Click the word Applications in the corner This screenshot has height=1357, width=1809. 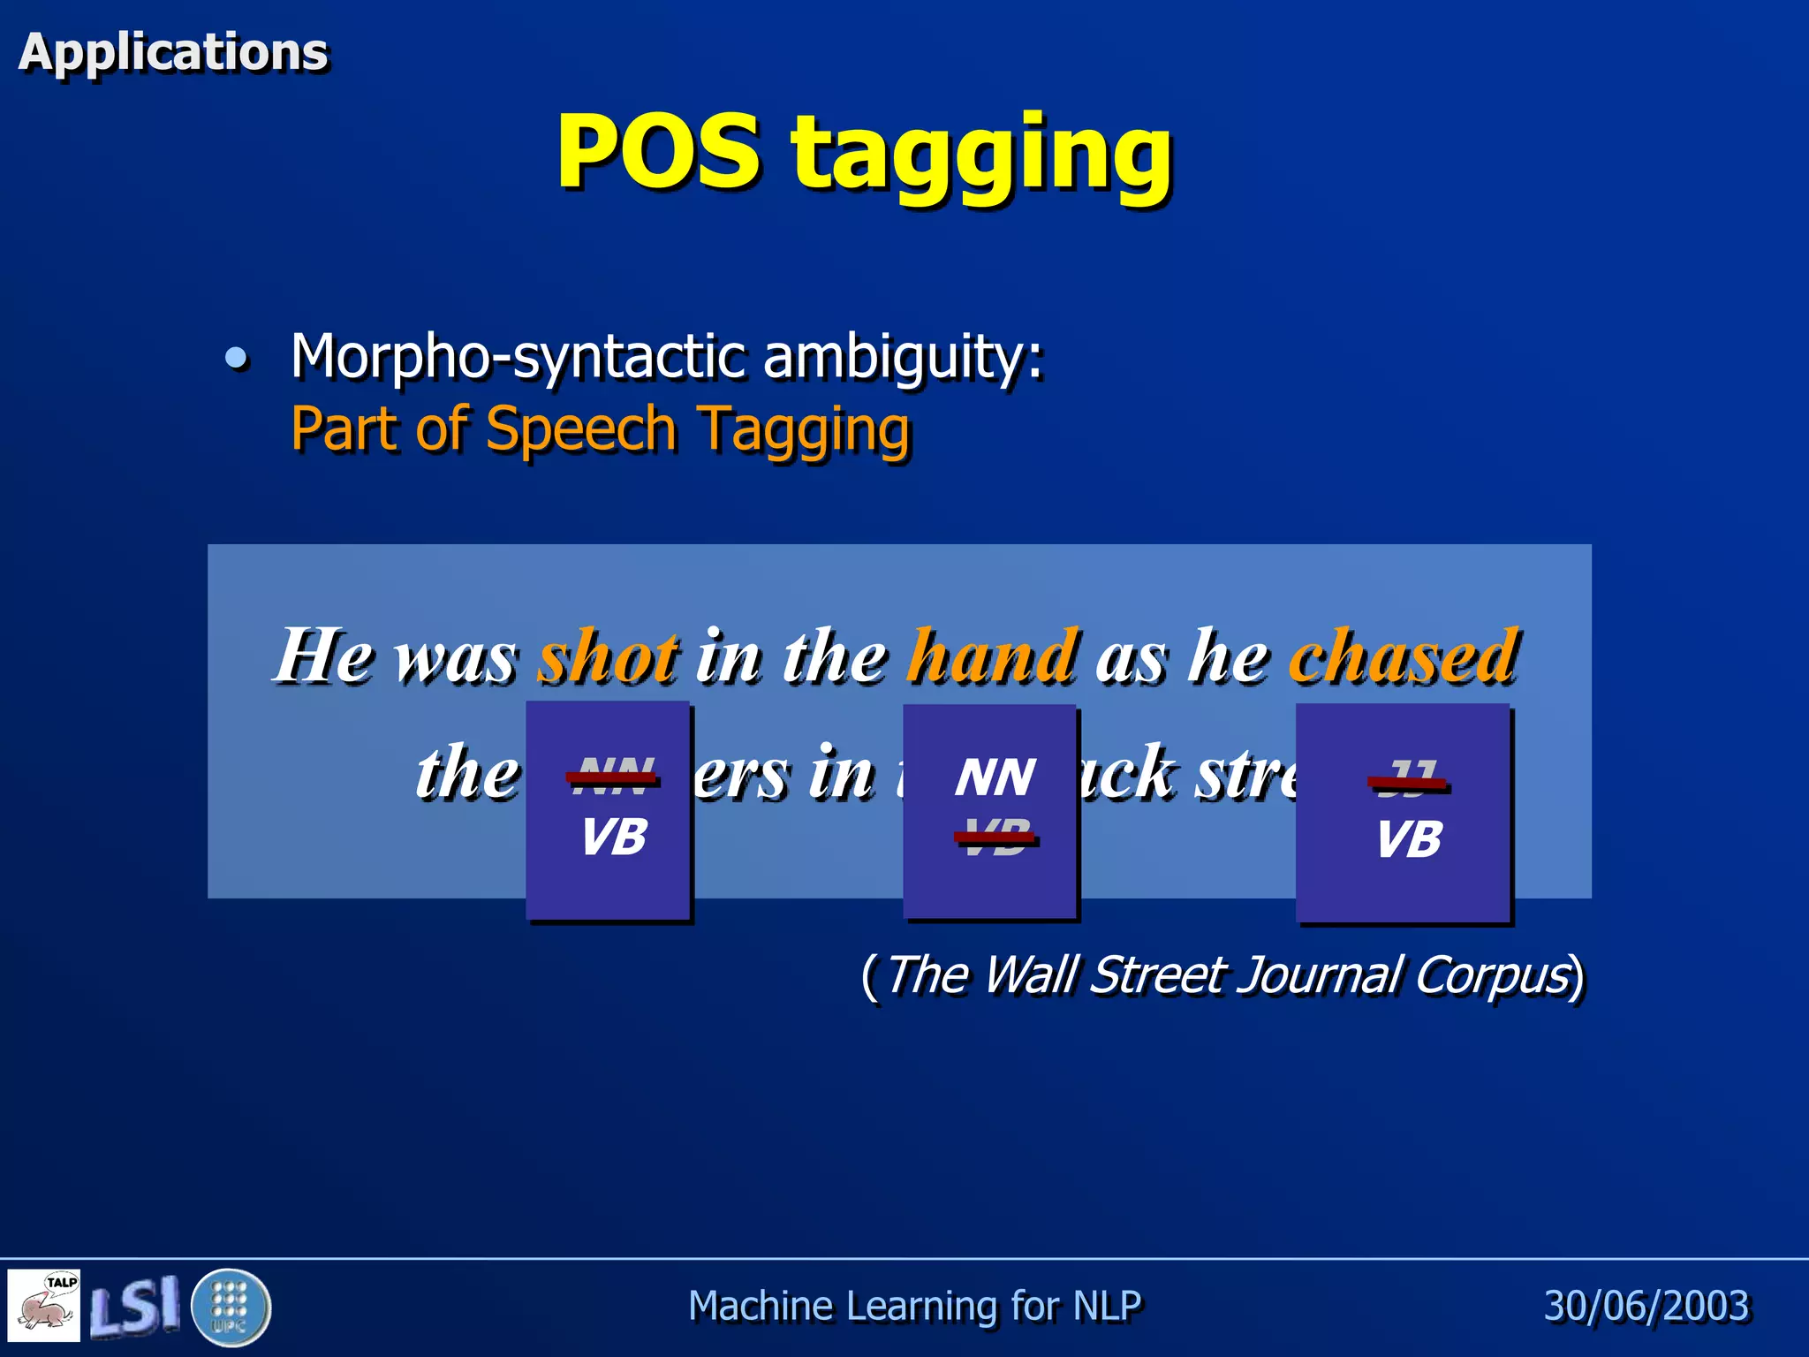pos(173,51)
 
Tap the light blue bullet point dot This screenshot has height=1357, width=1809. pos(236,358)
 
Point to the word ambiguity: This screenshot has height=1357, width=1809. pos(903,357)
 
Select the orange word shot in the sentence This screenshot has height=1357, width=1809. pos(609,656)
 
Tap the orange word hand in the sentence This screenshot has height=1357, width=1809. pos(993,656)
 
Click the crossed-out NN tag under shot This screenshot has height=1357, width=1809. pos(613,777)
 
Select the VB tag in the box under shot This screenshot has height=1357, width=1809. pos(613,836)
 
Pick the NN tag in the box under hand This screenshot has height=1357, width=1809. pos(995,777)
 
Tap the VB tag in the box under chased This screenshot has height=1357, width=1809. pos(1409,838)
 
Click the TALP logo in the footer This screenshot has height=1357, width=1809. pos(44,1306)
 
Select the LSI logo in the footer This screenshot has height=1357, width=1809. pos(134,1306)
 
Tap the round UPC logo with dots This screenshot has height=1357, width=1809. pos(231,1307)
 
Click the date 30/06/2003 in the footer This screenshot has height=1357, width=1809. pos(1646,1306)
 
